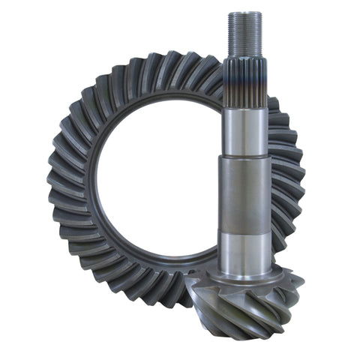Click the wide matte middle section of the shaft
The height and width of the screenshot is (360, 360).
point(244,195)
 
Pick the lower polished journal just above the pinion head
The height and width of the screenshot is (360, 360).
point(244,251)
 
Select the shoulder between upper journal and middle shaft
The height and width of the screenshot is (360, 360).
point(244,156)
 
